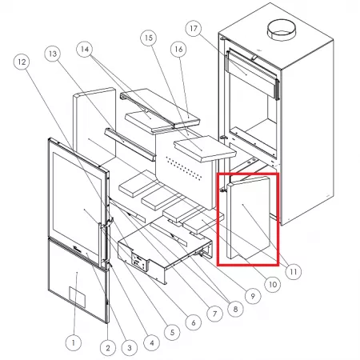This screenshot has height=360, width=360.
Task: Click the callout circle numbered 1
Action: (74, 342)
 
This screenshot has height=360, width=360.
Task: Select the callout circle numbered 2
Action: (108, 348)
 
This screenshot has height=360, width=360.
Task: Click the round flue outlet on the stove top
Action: (282, 30)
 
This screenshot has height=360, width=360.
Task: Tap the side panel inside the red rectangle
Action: (249, 218)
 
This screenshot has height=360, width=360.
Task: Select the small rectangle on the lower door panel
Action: (78, 298)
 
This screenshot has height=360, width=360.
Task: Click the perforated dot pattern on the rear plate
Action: (184, 168)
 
